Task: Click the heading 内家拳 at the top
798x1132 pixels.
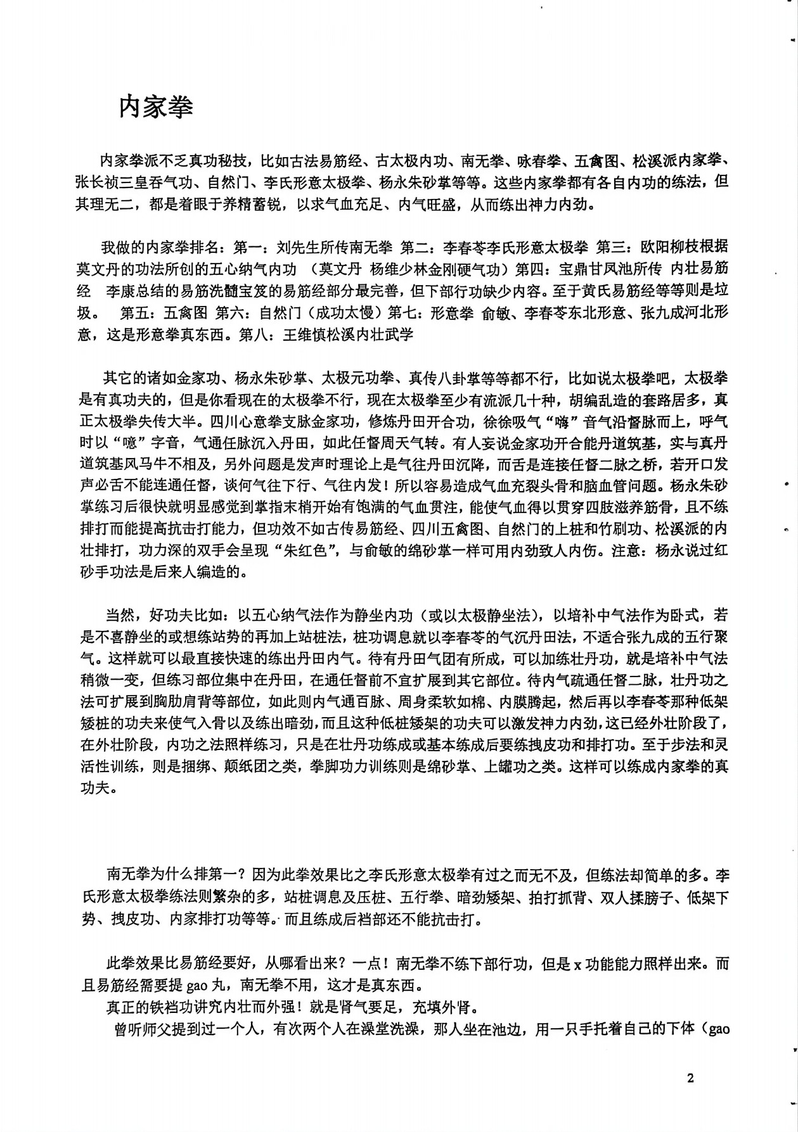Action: click(x=156, y=108)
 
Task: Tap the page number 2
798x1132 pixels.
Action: click(x=690, y=1079)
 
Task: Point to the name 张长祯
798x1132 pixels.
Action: click(x=100, y=182)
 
